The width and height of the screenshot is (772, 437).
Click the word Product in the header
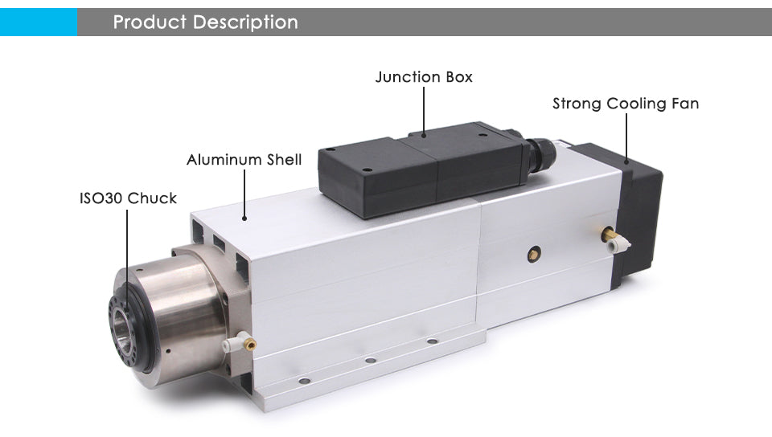click(x=149, y=22)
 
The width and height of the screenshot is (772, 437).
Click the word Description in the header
click(x=244, y=22)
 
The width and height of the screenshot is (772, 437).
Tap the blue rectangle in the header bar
click(x=38, y=22)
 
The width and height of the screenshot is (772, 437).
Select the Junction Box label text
click(x=424, y=77)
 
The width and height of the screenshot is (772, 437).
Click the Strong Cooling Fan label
click(x=625, y=104)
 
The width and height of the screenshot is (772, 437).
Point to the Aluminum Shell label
click(x=244, y=160)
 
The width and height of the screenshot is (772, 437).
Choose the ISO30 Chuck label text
click(x=128, y=198)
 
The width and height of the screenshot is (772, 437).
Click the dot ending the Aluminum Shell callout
click(x=244, y=216)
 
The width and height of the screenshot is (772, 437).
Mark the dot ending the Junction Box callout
click(x=424, y=134)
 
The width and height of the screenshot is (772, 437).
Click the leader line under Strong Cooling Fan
click(x=625, y=137)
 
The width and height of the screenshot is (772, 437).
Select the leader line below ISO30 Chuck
click(x=128, y=249)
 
